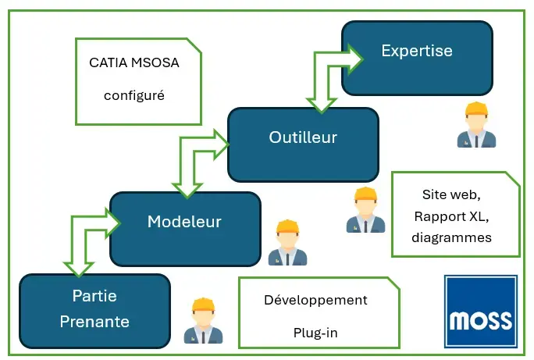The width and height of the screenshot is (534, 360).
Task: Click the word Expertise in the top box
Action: pyautogui.click(x=416, y=52)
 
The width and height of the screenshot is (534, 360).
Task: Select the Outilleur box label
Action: pyautogui.click(x=303, y=137)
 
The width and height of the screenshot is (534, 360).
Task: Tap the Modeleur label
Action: pyautogui.click(x=184, y=222)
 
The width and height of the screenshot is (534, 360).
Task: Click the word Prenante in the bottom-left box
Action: pyautogui.click(x=94, y=321)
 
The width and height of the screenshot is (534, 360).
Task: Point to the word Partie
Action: pyautogui.click(x=94, y=297)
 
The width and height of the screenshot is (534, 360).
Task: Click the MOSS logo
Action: pyautogui.click(x=481, y=311)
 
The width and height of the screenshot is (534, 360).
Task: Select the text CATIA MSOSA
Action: pyautogui.click(x=134, y=62)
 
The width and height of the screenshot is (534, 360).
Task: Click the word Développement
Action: pyautogui.click(x=315, y=300)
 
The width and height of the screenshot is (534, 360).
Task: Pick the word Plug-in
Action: pyautogui.click(x=315, y=333)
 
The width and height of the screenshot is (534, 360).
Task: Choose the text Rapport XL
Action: pyautogui.click(x=456, y=216)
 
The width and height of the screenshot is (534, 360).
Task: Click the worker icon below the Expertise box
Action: pyautogui.click(x=476, y=125)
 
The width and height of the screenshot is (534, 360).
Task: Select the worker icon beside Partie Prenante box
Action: pyautogui.click(x=203, y=321)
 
